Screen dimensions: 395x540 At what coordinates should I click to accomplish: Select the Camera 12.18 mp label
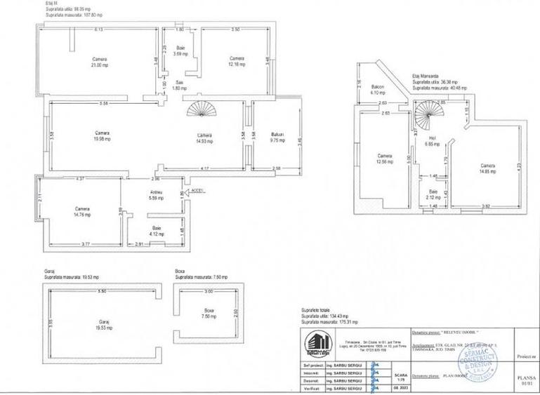[237, 62]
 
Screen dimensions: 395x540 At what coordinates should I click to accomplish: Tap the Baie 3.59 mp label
[180, 51]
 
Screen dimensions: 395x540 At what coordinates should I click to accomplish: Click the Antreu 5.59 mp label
[157, 196]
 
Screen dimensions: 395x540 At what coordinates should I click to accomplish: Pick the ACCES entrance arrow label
[197, 189]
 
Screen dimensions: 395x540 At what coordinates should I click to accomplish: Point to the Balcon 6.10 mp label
[377, 90]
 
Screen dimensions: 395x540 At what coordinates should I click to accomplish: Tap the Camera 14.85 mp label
[487, 168]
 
